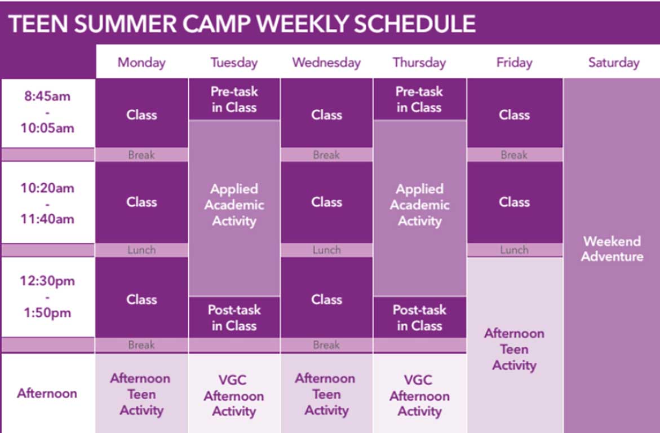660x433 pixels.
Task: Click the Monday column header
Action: tap(141, 63)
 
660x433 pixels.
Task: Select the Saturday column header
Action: tap(614, 63)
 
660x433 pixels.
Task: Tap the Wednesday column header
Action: tap(326, 63)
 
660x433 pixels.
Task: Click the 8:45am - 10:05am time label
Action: tap(47, 112)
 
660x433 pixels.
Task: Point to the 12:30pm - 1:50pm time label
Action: tap(47, 297)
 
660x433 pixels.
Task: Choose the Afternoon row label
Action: tap(47, 393)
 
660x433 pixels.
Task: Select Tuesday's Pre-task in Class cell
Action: tap(234, 99)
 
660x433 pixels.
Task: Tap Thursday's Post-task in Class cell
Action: tap(419, 317)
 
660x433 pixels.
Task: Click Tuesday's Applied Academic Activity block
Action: tap(234, 208)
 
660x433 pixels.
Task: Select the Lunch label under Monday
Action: tap(141, 250)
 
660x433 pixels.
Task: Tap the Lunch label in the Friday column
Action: tap(515, 250)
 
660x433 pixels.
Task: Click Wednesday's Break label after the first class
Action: tap(326, 155)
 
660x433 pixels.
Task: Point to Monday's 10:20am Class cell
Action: tap(141, 202)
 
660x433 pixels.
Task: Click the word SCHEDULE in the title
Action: tap(415, 24)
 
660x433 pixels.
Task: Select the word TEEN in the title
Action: tap(38, 24)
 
